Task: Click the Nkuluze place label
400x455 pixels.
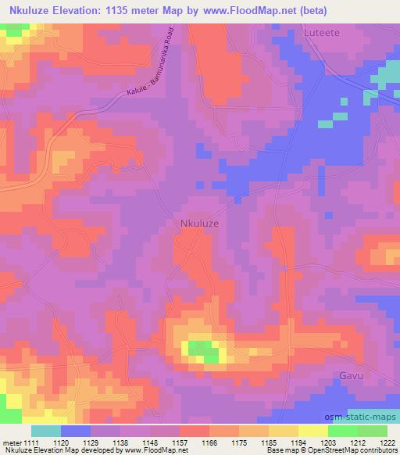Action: click(195, 223)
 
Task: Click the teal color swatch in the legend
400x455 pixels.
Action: click(46, 431)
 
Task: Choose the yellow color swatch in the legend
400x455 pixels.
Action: click(312, 431)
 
